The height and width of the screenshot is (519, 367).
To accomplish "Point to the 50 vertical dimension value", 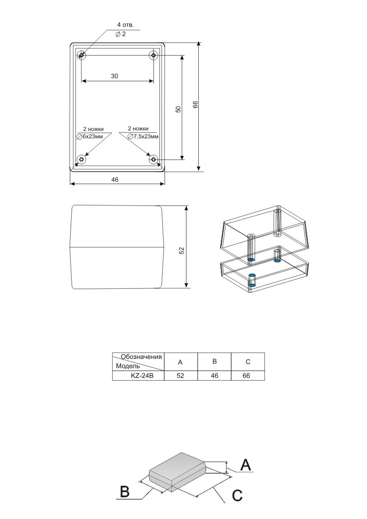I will tap(178, 109).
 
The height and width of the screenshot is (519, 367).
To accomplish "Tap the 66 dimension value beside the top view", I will tap(195, 105).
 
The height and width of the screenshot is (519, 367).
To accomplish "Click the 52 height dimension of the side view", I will tap(182, 250).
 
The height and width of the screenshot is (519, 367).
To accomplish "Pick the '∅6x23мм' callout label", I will tap(93, 137).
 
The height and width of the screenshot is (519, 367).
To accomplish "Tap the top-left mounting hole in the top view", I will tap(81, 56).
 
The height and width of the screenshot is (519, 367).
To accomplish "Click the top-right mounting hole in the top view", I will tap(153, 56).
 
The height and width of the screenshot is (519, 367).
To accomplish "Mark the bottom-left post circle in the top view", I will tap(81, 160).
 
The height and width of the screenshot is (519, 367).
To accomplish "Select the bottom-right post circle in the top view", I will tap(153, 160).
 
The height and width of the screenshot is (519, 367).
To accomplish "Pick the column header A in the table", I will tap(181, 362).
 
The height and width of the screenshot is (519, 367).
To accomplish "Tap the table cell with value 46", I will tap(214, 376).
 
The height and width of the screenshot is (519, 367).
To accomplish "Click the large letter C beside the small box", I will tap(237, 495).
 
